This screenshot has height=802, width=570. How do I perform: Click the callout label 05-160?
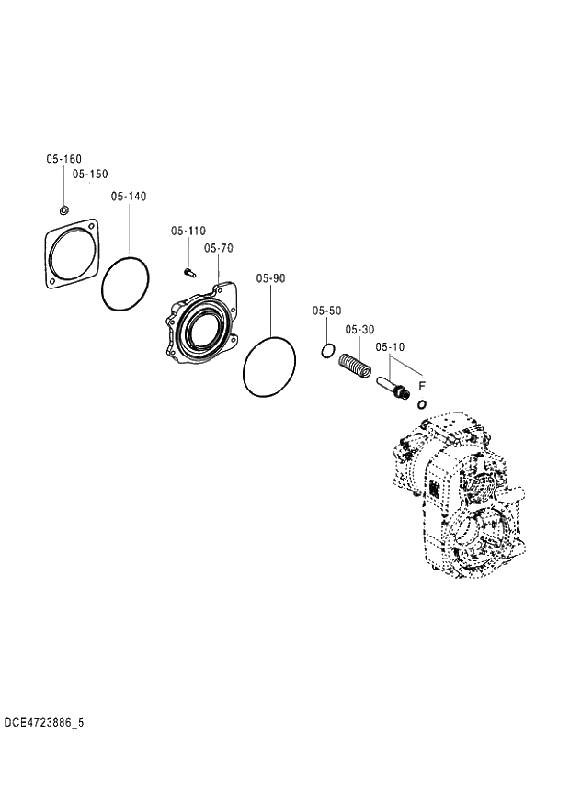[x=64, y=159]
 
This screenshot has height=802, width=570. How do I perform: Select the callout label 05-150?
[x=90, y=174]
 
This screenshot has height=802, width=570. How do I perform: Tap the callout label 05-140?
[x=129, y=197]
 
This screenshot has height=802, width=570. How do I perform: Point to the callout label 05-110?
[x=188, y=232]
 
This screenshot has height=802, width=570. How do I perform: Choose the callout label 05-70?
[x=219, y=248]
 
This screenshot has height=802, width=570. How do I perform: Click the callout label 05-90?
[x=271, y=277]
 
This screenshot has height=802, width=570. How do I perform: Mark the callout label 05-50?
[x=326, y=311]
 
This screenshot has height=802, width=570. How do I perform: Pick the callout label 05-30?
[x=359, y=329]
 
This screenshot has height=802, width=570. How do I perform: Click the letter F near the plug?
[x=422, y=386]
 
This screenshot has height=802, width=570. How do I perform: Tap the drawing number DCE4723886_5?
[x=43, y=723]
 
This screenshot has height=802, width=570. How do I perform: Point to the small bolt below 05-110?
[x=188, y=271]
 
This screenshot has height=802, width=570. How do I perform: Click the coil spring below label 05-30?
[x=355, y=366]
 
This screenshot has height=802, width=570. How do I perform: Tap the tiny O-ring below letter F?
[x=422, y=404]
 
